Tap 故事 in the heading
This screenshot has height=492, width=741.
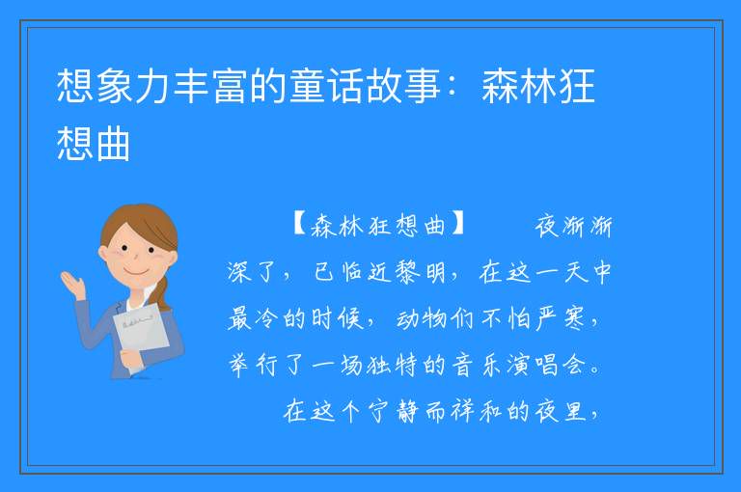coord(404,86)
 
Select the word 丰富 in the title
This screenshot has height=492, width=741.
coord(211,86)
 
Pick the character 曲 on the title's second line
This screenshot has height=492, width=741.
coord(113,144)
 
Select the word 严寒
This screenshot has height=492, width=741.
coord(561,318)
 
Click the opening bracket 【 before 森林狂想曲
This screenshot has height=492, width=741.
coord(300,225)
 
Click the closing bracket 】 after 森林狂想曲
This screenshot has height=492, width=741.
coord(457,225)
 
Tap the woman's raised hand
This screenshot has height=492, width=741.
coord(72,284)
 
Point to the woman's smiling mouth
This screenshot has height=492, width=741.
coord(136,272)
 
